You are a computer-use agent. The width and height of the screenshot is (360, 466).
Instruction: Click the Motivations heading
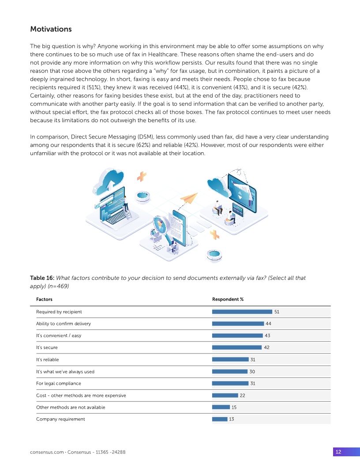(x=51, y=29)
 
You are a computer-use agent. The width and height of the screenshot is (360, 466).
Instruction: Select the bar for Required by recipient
(x=242, y=312)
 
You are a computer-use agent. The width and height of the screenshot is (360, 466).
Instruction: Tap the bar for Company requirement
(x=220, y=419)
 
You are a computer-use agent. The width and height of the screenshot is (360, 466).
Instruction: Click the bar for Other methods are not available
(x=221, y=407)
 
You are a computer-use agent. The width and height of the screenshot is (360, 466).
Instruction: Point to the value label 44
(x=268, y=323)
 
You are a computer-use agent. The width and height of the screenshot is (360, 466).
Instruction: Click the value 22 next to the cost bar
(x=242, y=395)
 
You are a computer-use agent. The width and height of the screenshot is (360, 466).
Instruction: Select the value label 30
(x=252, y=372)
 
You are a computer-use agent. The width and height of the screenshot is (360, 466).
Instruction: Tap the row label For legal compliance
(x=59, y=383)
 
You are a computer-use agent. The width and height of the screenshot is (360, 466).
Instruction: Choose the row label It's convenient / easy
(x=59, y=335)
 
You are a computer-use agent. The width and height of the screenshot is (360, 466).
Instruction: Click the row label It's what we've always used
(x=65, y=372)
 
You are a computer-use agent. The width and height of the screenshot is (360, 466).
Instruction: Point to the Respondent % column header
(x=228, y=299)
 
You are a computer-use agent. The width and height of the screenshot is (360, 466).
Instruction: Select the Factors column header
(x=44, y=299)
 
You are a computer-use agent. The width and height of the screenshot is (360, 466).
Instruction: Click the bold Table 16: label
(x=42, y=278)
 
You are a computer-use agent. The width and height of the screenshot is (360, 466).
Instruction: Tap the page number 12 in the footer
(x=338, y=452)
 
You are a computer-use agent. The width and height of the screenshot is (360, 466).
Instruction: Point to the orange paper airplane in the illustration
(x=190, y=198)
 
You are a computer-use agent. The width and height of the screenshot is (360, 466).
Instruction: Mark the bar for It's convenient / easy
(x=237, y=335)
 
